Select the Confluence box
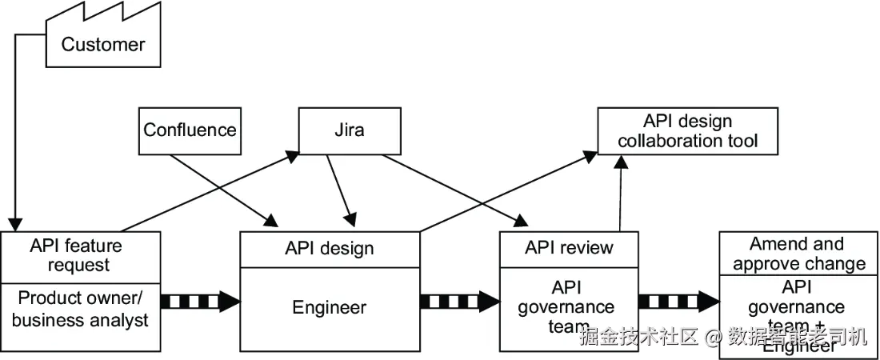(x=190, y=130)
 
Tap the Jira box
(x=349, y=130)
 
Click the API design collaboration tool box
(x=687, y=131)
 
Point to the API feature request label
(x=77, y=254)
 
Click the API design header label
(x=329, y=248)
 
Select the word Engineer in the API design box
(x=329, y=307)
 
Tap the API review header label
(x=569, y=247)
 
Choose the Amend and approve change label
(x=798, y=254)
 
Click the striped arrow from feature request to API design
(x=200, y=302)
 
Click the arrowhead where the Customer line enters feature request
(x=13, y=224)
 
